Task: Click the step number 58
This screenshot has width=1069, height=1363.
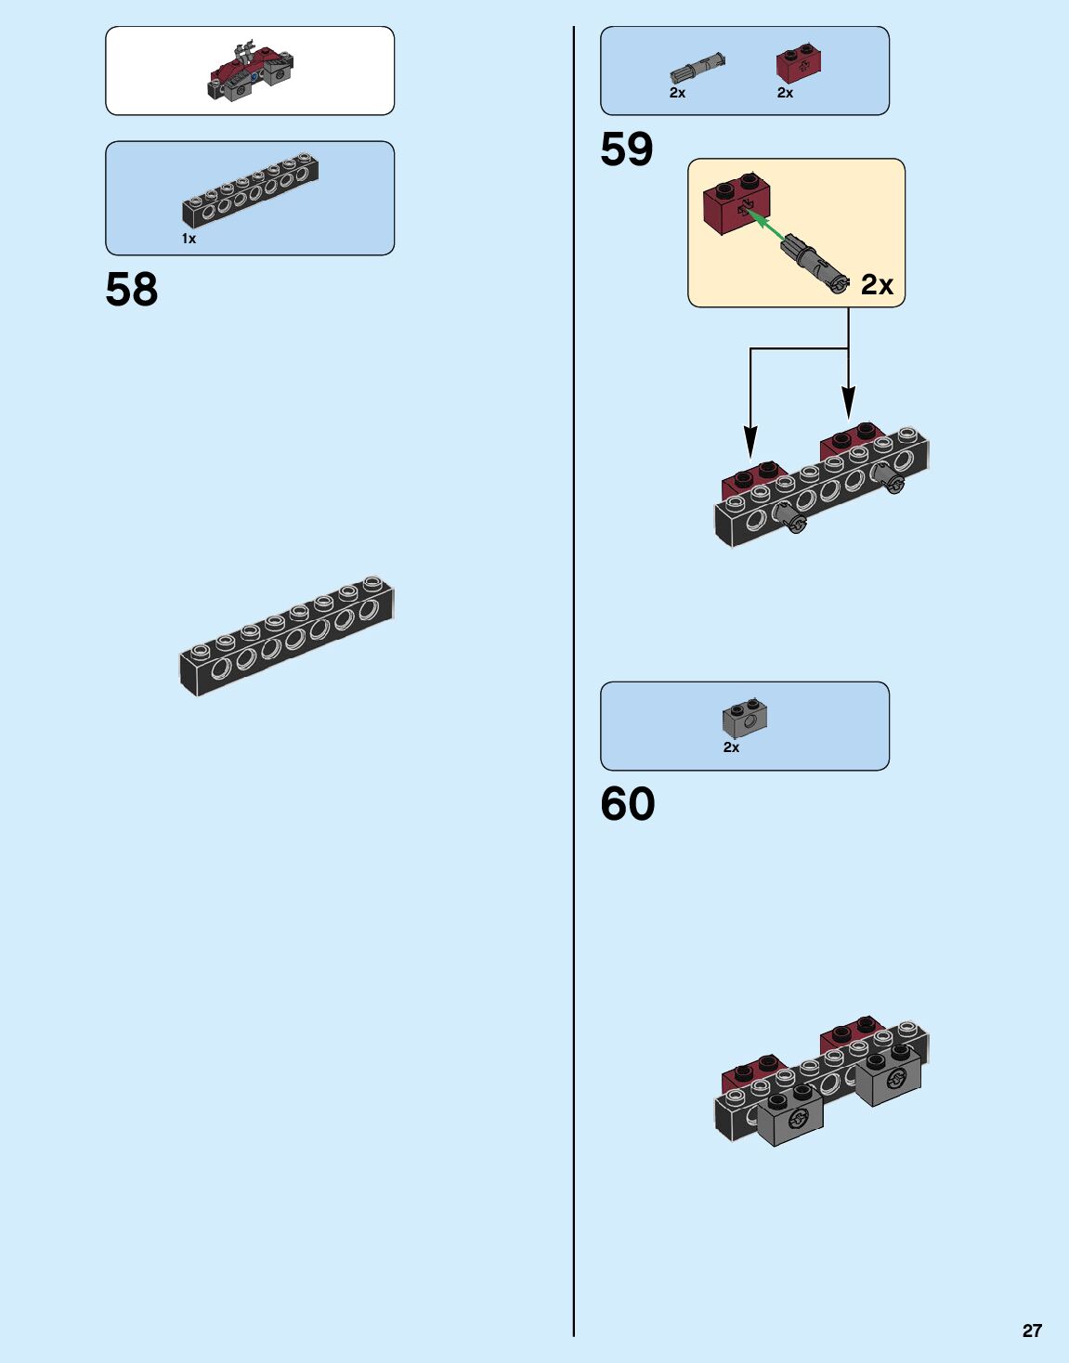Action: click(x=132, y=290)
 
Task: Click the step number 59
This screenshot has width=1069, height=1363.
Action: click(x=627, y=149)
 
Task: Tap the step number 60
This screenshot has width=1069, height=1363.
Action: click(x=628, y=804)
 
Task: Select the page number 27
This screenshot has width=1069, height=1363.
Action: click(x=1032, y=1331)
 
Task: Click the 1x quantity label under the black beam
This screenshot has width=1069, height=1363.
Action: click(x=189, y=239)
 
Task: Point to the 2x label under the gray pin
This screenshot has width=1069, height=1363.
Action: click(x=677, y=93)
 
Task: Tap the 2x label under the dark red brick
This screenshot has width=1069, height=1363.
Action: click(x=785, y=93)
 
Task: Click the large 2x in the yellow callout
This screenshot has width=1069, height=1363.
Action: click(x=877, y=284)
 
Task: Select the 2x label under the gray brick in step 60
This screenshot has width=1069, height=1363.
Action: click(x=731, y=747)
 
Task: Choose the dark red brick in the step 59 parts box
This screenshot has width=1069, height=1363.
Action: click(x=798, y=64)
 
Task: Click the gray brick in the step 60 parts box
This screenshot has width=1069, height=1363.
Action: click(x=745, y=718)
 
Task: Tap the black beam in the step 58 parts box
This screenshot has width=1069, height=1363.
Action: click(x=251, y=192)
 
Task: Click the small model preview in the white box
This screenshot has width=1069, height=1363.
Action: click(x=251, y=72)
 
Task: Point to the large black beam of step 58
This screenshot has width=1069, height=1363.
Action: click(x=286, y=636)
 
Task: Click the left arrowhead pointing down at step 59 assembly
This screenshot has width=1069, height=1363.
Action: click(x=750, y=443)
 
